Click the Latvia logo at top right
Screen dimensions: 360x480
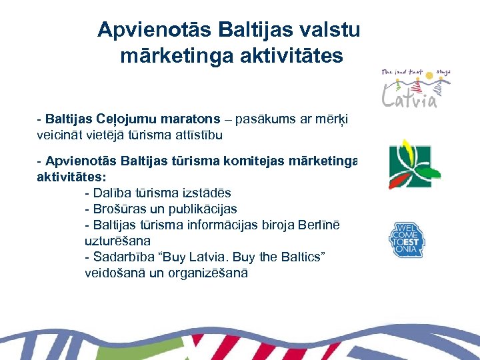pyautogui.click(x=415, y=87)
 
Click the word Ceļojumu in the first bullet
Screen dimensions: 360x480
pyautogui.click(x=132, y=119)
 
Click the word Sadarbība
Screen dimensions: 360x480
pyautogui.click(x=123, y=257)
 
